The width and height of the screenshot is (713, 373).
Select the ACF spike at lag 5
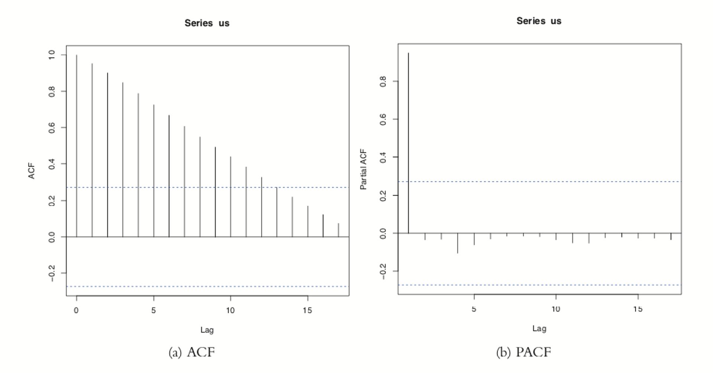(x=154, y=171)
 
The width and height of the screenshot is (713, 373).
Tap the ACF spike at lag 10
(x=231, y=197)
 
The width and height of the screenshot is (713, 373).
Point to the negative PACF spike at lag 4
(x=458, y=243)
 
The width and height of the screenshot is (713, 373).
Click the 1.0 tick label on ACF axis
(x=52, y=55)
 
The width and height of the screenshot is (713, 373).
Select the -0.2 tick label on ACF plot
(x=52, y=273)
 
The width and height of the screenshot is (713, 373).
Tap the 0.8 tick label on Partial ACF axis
(x=383, y=81)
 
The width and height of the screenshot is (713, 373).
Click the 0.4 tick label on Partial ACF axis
(x=383, y=157)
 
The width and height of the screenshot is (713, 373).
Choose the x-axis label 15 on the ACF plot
(x=307, y=311)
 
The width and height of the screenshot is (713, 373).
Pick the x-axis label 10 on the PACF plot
(x=556, y=309)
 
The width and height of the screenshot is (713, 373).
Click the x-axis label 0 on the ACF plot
(x=76, y=311)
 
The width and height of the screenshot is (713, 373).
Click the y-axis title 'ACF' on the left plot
(x=32, y=171)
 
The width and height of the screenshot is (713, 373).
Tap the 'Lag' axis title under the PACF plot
(x=539, y=328)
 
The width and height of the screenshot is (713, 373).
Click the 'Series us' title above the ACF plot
(x=207, y=23)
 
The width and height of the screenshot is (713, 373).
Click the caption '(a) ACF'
(x=192, y=352)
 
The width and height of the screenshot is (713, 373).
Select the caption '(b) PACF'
(x=524, y=352)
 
